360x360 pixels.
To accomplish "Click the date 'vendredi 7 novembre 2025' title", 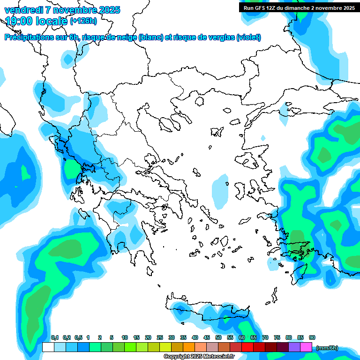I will (62, 10).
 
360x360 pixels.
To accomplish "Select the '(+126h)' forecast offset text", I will (83, 21).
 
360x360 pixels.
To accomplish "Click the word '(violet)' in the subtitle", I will (248, 37).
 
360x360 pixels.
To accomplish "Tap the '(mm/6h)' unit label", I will (327, 348).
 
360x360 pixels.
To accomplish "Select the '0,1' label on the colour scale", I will (54, 338).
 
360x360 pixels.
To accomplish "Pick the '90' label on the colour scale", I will (312, 338).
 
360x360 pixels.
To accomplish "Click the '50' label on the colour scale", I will (218, 338).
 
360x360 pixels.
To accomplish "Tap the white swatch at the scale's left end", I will (48, 347).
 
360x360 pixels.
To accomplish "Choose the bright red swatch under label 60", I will (247, 347).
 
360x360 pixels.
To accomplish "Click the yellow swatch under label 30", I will (165, 347).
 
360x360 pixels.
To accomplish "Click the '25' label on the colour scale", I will (160, 338).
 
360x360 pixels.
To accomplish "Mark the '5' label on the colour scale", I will (112, 338).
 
